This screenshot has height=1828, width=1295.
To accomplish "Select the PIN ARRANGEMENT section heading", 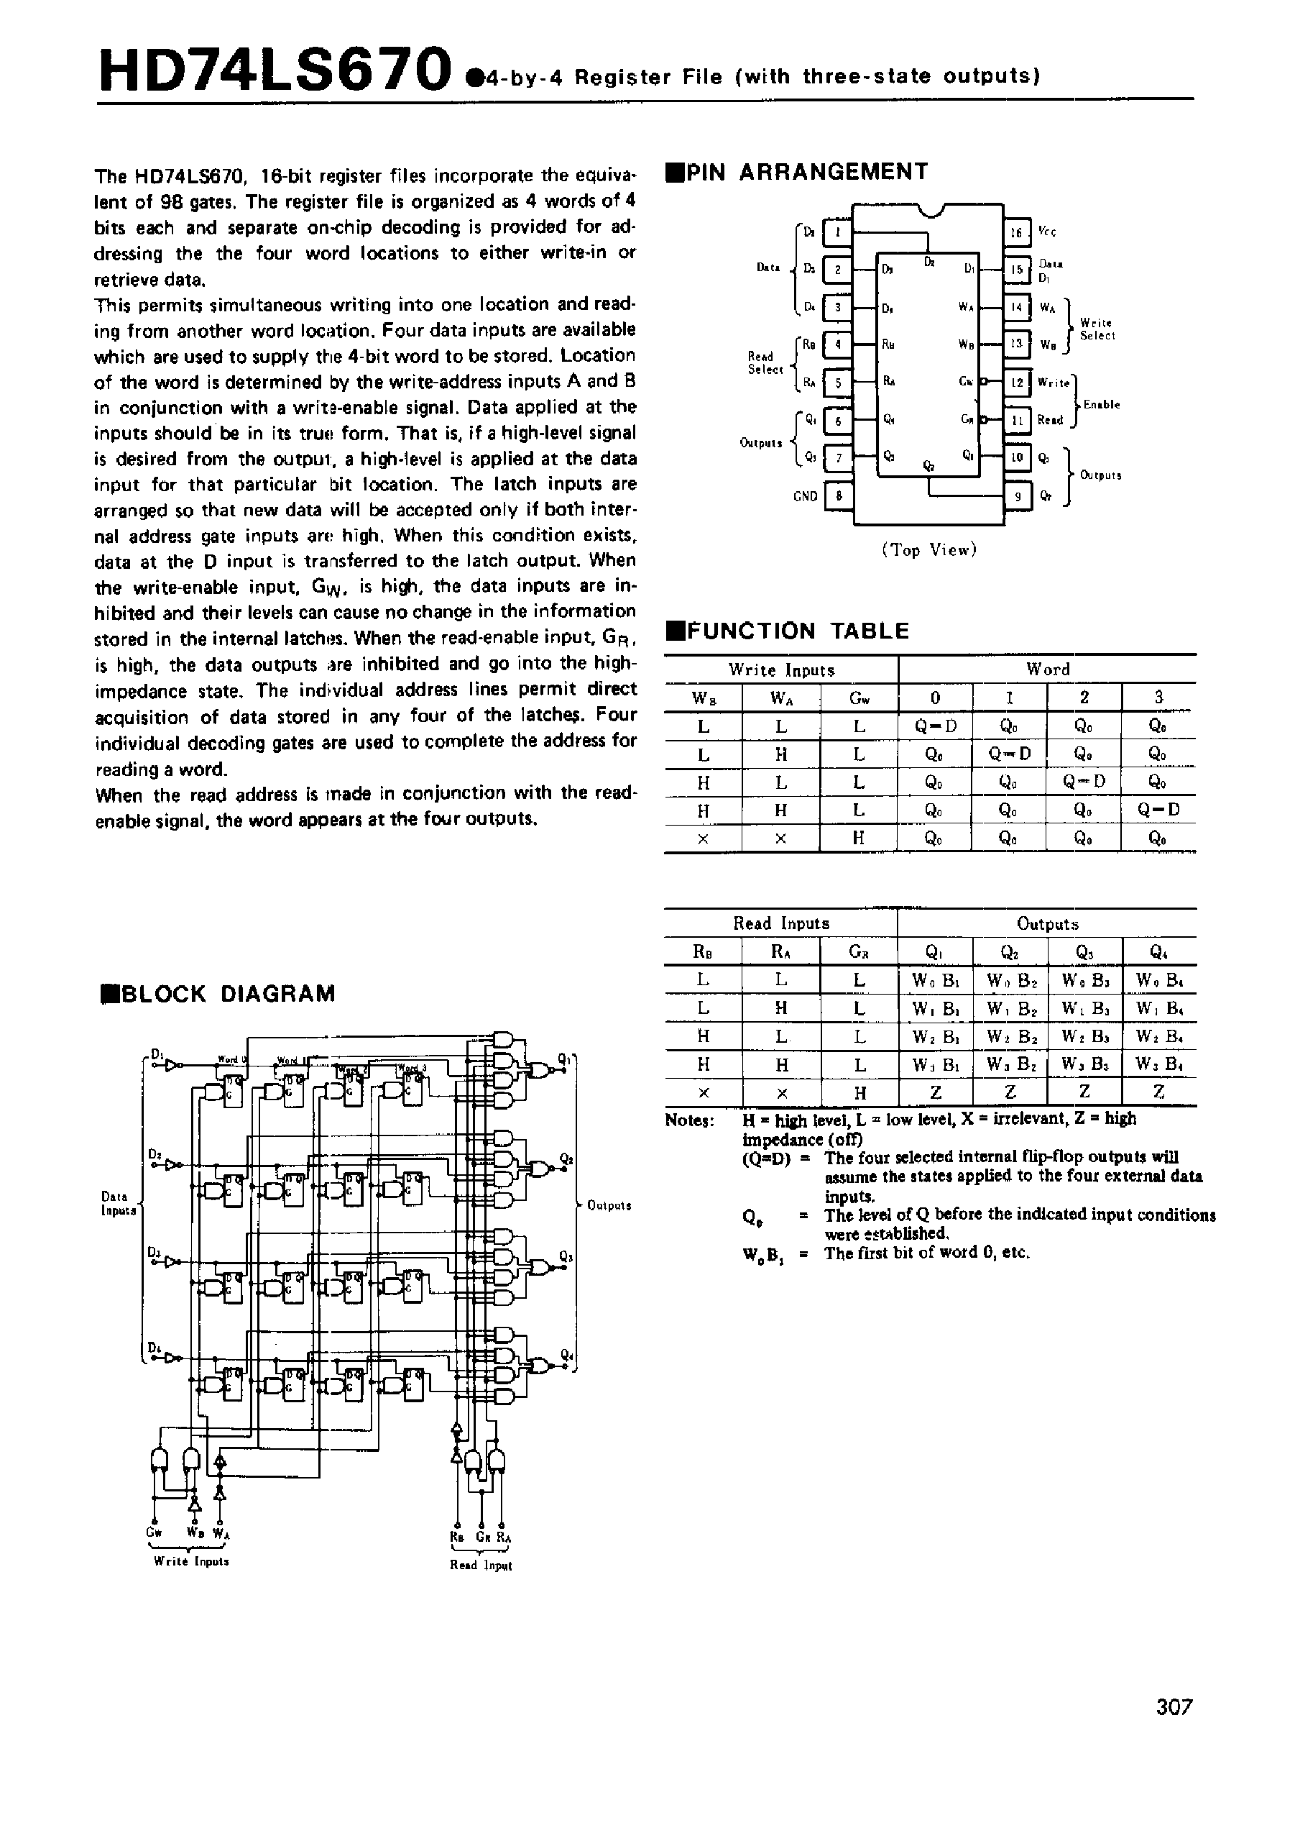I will click(x=798, y=173).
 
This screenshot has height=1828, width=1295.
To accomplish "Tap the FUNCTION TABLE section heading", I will click(x=788, y=631).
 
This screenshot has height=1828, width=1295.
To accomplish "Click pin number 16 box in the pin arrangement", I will click(x=1016, y=232).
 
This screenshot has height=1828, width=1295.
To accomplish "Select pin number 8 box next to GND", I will click(x=837, y=496).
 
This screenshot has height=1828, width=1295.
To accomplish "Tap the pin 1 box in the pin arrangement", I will click(x=837, y=232).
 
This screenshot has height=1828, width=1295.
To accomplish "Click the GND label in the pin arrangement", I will click(x=806, y=496).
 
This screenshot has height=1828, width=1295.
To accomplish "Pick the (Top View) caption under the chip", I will click(x=929, y=549).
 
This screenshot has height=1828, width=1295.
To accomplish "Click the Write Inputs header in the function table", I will click(x=780, y=670).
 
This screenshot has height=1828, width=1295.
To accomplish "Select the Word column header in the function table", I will click(x=1047, y=669).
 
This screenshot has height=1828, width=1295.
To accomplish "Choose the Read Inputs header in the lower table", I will click(x=780, y=923).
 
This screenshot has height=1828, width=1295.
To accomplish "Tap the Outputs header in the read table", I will click(x=1047, y=923).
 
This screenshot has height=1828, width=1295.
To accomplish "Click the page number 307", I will click(x=1174, y=1729).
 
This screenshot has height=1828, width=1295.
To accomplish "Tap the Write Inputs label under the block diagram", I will click(x=191, y=1560).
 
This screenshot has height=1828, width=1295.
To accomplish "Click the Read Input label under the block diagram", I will click(x=481, y=1565).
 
